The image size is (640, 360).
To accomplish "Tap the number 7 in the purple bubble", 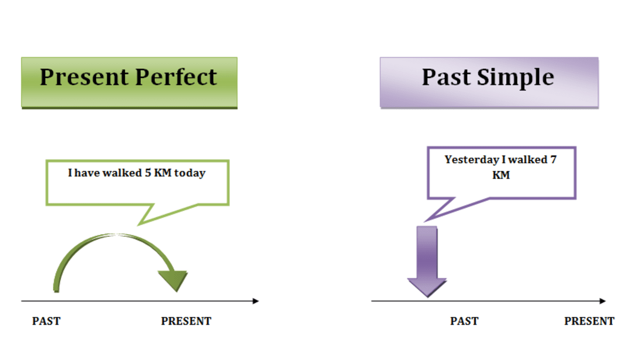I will (x=554, y=159).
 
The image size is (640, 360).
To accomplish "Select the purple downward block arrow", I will (x=427, y=261).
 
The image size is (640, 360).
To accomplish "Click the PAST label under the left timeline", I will (x=46, y=321).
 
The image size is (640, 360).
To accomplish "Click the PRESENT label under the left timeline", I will (x=186, y=321).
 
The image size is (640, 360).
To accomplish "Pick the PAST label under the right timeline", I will (x=464, y=321).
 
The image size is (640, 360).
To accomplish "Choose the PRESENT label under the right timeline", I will (x=589, y=321).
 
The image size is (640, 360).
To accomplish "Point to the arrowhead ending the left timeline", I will (x=255, y=301).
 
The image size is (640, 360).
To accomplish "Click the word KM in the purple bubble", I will (x=501, y=175).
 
